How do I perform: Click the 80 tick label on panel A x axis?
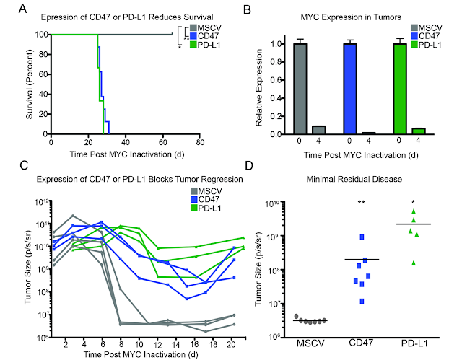pyautogui.click(x=200, y=142)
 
